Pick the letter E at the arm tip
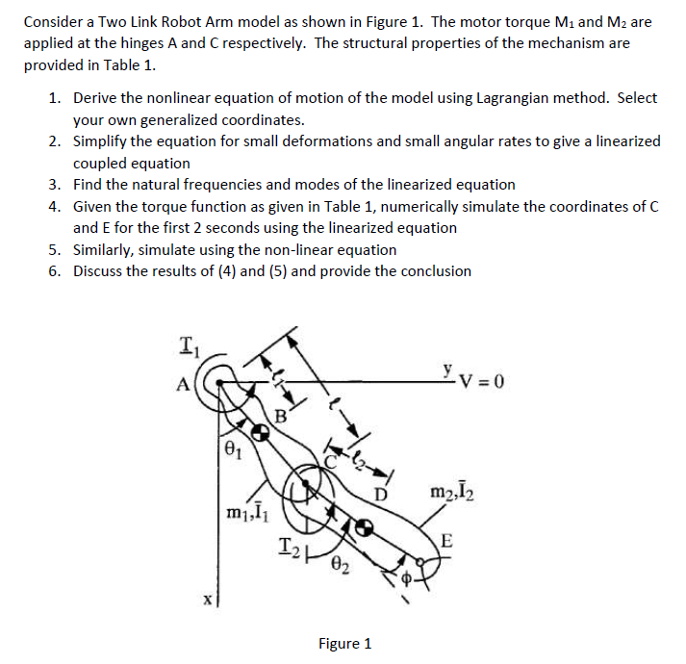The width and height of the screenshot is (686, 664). (445, 541)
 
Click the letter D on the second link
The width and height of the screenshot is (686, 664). (381, 494)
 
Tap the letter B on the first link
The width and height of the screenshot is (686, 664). (281, 416)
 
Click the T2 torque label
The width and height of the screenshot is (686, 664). (289, 548)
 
